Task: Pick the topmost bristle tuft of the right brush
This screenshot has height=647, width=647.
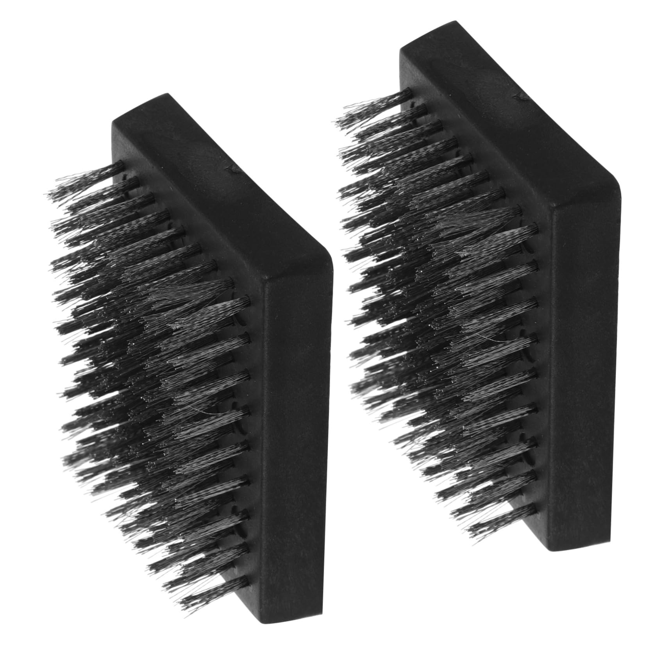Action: point(371,107)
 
